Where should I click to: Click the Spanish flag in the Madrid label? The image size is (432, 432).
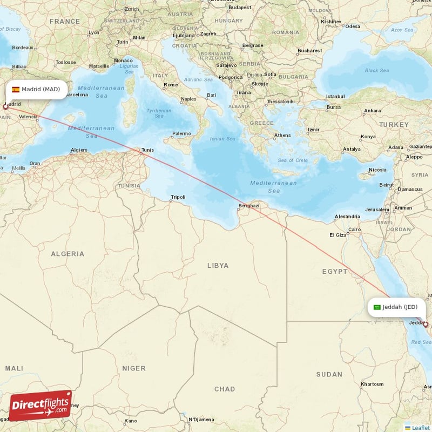(x=16, y=89)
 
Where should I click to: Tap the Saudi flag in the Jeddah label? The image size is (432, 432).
(x=377, y=307)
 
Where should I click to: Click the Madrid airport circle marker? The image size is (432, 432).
(x=5, y=107)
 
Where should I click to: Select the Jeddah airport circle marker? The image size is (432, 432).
(x=426, y=325)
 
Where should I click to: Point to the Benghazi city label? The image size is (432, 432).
(x=248, y=206)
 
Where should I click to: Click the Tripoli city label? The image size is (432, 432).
(x=178, y=197)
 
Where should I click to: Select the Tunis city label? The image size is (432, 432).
(x=146, y=151)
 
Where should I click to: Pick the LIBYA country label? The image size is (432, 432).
(x=218, y=266)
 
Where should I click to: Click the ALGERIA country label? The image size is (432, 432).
(x=67, y=254)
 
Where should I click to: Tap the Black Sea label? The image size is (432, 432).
(x=376, y=70)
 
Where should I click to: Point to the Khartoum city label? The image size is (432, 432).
(x=372, y=384)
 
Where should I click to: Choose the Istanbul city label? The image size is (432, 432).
(x=335, y=97)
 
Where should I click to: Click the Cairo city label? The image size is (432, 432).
(x=354, y=230)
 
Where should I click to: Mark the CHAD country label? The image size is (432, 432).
(x=225, y=389)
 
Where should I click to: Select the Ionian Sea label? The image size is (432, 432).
(x=222, y=139)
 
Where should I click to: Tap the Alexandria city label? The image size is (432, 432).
(x=347, y=217)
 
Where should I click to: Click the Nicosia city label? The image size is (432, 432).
(x=377, y=170)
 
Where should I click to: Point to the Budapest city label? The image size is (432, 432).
(x=240, y=8)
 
